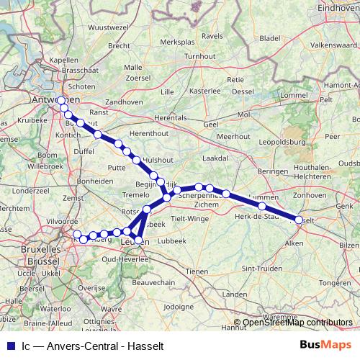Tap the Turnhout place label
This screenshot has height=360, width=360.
click(x=199, y=55)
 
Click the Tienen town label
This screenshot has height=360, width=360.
click(x=195, y=271)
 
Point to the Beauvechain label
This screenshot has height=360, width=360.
click(x=154, y=283)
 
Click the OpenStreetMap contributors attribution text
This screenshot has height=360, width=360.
click(x=297, y=323)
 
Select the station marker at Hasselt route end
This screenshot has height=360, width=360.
click(x=299, y=220)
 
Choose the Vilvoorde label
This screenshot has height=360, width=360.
click(x=40, y=221)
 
